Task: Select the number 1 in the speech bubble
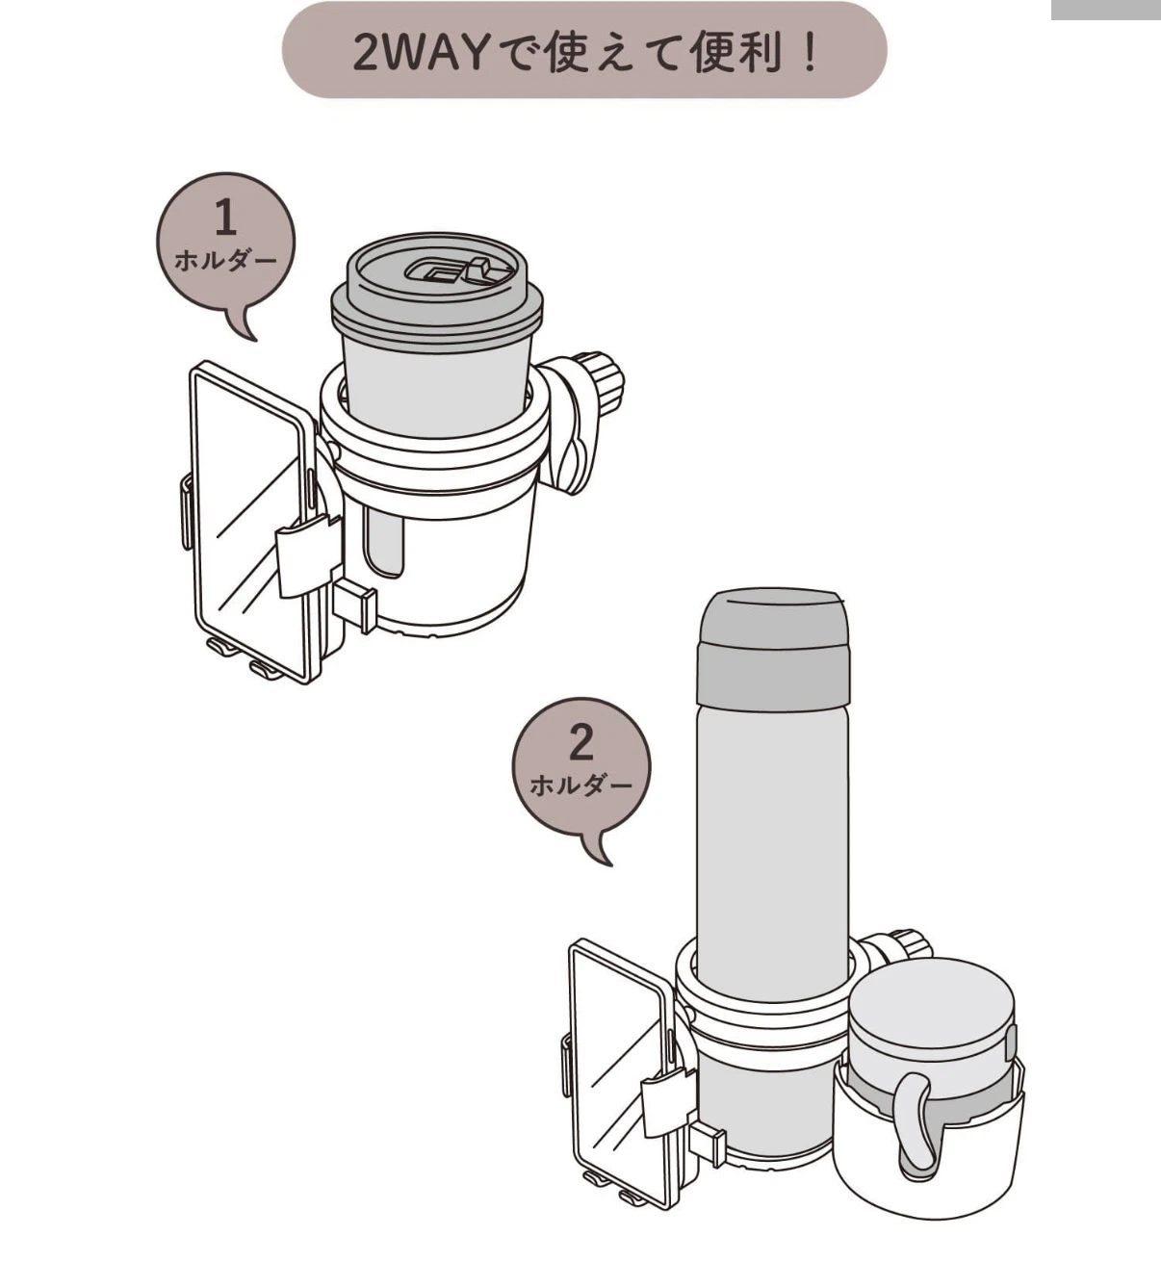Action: (x=225, y=217)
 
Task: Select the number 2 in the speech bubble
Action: (x=581, y=743)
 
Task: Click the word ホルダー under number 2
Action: (x=581, y=785)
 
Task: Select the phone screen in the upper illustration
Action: (x=252, y=522)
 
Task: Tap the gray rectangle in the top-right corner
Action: (x=1106, y=10)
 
